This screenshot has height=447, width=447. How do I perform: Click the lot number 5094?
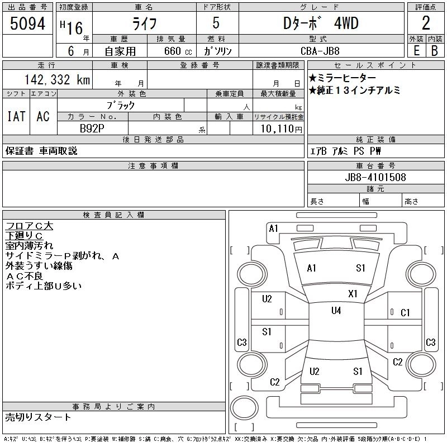point(27,24)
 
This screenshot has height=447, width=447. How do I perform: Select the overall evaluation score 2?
point(425,23)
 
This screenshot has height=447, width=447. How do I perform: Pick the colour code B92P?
point(92,128)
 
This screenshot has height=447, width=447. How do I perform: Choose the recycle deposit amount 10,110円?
point(278,129)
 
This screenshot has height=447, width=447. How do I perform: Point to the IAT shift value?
point(15,116)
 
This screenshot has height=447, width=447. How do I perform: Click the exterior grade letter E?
point(416,51)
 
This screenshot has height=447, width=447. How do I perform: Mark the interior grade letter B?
point(434,51)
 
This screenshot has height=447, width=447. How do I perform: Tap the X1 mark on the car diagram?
point(353,294)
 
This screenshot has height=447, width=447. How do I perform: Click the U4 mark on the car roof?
point(336,311)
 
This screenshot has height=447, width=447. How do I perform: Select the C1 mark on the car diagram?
point(406,313)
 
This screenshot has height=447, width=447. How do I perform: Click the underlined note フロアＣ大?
point(29,226)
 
